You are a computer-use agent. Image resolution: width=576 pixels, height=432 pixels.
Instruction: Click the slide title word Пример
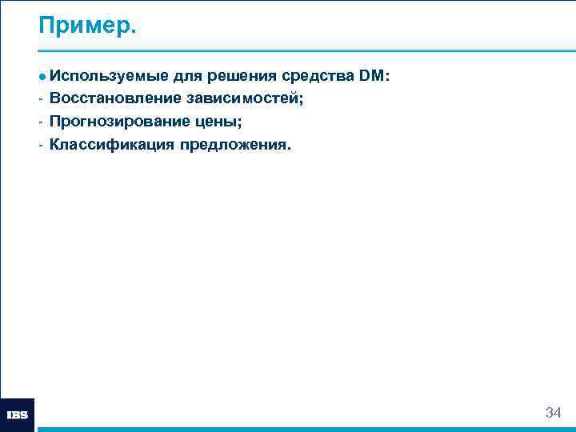click(x=88, y=26)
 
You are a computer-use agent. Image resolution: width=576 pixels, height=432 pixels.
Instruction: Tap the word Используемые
click(x=108, y=77)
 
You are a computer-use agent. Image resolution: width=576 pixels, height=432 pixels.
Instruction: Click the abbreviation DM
click(x=371, y=77)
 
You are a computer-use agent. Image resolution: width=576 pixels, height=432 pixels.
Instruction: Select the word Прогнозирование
click(x=119, y=122)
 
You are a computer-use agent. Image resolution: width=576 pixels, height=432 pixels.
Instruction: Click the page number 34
click(x=553, y=413)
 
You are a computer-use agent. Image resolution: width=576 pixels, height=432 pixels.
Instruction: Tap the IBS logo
click(x=18, y=415)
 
